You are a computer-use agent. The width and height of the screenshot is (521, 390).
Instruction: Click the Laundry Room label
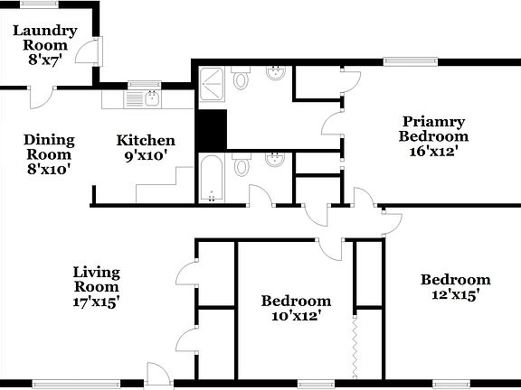point(45,38)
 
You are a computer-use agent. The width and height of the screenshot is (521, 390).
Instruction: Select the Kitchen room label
point(146,140)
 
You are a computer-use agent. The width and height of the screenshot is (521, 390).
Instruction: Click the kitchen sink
point(147,96)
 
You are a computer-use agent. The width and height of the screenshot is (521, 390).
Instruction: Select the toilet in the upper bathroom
point(241,81)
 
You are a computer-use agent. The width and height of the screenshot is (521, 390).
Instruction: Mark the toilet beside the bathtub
point(241,166)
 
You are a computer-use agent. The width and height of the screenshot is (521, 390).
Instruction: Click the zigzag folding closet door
point(352,343)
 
